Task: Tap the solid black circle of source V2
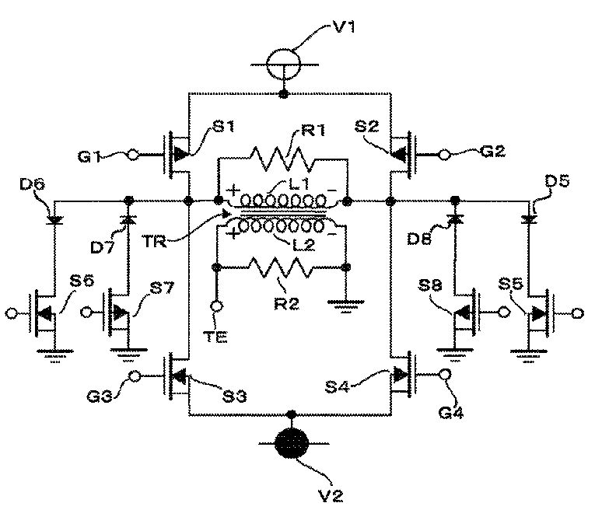pyautogui.click(x=292, y=443)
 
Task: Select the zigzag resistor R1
pyautogui.click(x=282, y=159)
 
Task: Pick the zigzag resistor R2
pyautogui.click(x=281, y=267)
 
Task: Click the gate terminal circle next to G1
pyautogui.click(x=133, y=155)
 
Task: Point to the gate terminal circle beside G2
pyautogui.click(x=444, y=155)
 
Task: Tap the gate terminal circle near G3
pyautogui.click(x=135, y=376)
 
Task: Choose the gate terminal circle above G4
pyautogui.click(x=444, y=374)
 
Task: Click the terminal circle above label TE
pyautogui.click(x=217, y=306)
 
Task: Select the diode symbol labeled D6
pyautogui.click(x=54, y=219)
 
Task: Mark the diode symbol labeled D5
pyautogui.click(x=529, y=218)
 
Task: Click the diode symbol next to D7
pyautogui.click(x=128, y=219)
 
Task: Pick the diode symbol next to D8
pyautogui.click(x=455, y=218)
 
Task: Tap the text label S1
pyautogui.click(x=223, y=126)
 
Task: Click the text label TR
pyautogui.click(x=155, y=241)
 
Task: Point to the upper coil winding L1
pyautogui.click(x=282, y=200)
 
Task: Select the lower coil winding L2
pyautogui.click(x=282, y=226)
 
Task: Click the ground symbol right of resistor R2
pyautogui.click(x=345, y=306)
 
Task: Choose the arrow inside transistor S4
pyautogui.click(x=398, y=375)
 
